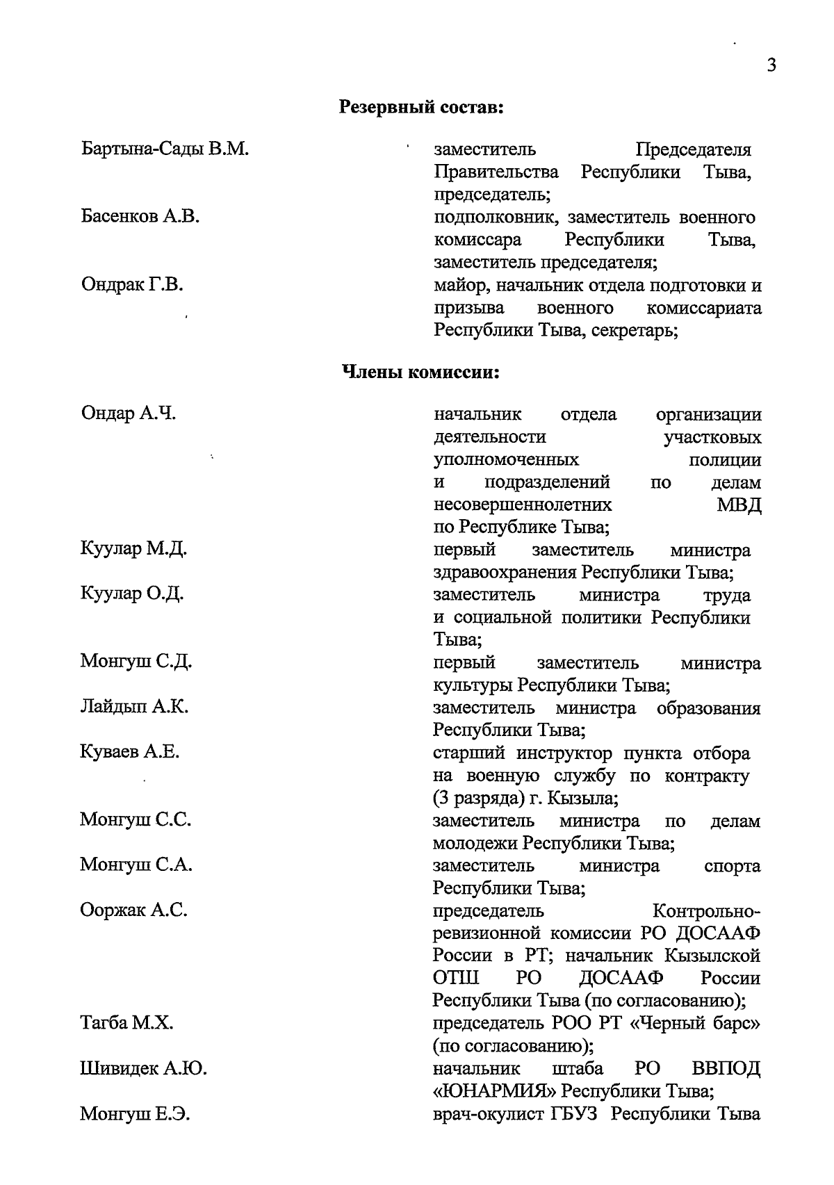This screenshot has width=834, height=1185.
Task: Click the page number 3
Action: coord(771,65)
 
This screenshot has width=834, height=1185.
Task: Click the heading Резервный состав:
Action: coord(421,108)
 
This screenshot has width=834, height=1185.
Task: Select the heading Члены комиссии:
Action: coord(421,373)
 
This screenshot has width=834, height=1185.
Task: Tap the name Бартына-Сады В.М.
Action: coord(165,149)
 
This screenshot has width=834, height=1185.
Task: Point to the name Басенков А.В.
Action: coord(140,217)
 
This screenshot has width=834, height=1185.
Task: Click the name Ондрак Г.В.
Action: coord(132,285)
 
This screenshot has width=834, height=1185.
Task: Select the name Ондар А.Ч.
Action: coord(129,414)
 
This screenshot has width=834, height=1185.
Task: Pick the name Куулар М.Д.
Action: coord(133,550)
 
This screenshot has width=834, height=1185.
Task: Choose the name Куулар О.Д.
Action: coord(132,595)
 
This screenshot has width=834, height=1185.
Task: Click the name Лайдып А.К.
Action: coord(134,708)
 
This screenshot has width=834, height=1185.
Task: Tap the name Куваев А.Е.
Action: coord(130,752)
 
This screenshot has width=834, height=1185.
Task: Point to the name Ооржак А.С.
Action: coord(133,910)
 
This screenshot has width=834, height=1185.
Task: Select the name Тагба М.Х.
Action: coord(126,1023)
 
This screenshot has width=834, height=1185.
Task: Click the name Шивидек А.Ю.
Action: coord(143,1068)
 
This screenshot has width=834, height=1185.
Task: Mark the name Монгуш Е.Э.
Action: coord(136,1114)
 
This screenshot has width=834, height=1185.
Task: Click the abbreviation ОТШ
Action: coord(456,979)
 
